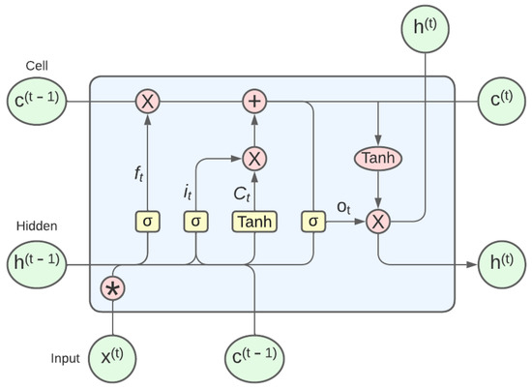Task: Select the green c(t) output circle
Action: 502,100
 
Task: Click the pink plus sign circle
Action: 254,100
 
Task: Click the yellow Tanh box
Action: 253,222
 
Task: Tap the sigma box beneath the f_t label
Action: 147,222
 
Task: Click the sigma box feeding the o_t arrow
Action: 313,222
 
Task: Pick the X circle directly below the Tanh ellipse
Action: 379,222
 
